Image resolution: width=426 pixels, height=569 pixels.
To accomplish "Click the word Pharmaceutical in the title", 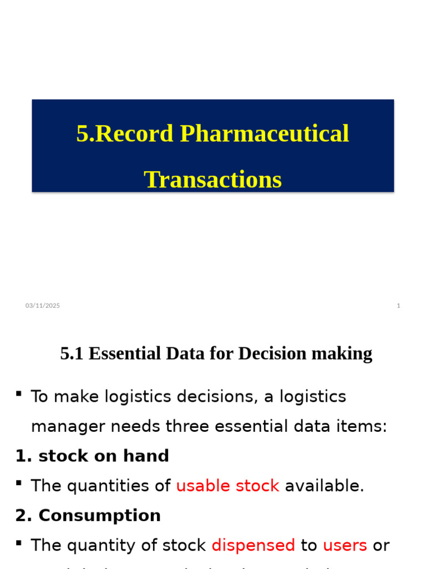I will point(265,134).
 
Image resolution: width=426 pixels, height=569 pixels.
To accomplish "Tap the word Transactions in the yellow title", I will point(212,179).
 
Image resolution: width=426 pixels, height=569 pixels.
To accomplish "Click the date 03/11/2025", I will point(43,306).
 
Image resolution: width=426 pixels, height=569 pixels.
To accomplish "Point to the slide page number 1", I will point(398,306).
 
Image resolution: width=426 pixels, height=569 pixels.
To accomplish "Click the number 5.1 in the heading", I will point(72,353).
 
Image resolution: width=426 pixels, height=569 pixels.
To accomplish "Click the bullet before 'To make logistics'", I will point(19,394).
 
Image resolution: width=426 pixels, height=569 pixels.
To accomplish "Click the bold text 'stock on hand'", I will point(104,456).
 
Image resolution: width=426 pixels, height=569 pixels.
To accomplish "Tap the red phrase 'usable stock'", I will point(227,486).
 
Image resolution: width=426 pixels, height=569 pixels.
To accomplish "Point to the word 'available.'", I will point(324,486).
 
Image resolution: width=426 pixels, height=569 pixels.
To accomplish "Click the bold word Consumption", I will point(99,516).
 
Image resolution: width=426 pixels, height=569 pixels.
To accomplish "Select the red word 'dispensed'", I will point(253,546).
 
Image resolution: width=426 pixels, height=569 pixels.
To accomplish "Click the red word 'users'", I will point(344,546).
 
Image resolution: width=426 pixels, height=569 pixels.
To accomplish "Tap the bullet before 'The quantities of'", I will point(19,483).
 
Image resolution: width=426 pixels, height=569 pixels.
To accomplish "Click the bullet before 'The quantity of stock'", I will point(19,543).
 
